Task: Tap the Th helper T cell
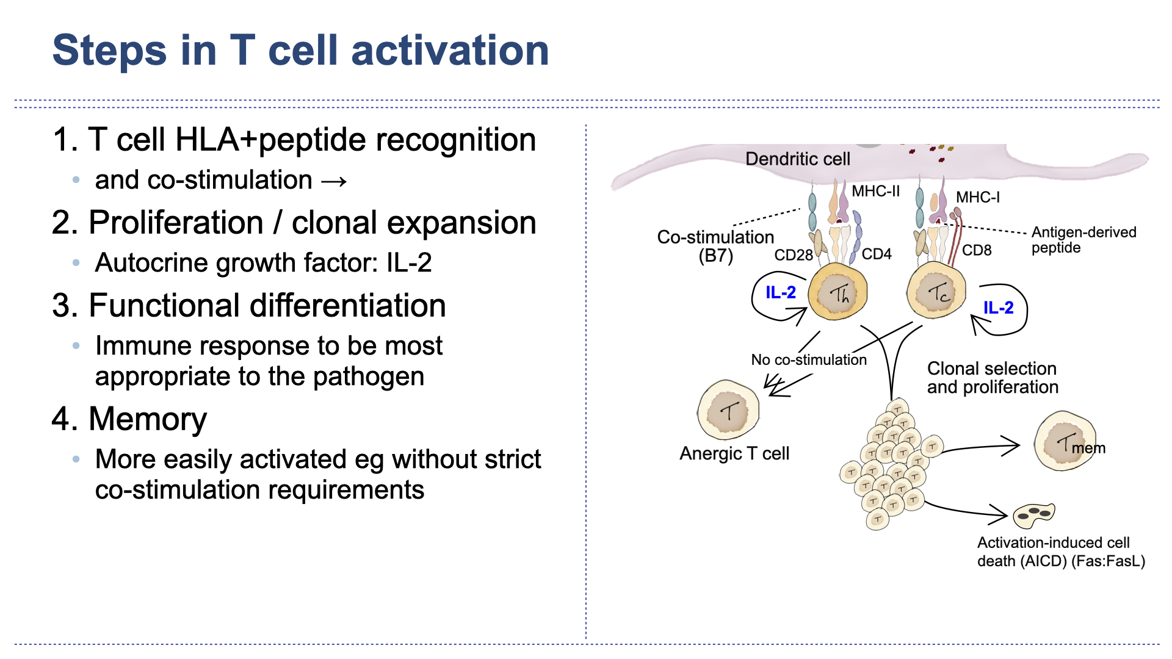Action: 838,293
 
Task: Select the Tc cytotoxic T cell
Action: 936,292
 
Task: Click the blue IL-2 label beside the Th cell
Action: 780,293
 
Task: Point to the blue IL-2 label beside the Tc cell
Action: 998,308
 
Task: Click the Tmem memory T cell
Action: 1065,441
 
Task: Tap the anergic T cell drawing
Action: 728,410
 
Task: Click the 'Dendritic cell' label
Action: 797,159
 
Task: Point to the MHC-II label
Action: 875,192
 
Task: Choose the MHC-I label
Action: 977,198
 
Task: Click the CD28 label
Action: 793,255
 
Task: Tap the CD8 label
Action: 977,251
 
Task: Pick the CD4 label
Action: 877,254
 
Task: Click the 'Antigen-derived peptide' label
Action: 1083,240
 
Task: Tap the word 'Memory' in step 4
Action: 148,419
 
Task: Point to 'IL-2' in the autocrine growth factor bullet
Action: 409,263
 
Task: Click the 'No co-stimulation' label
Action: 808,360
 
